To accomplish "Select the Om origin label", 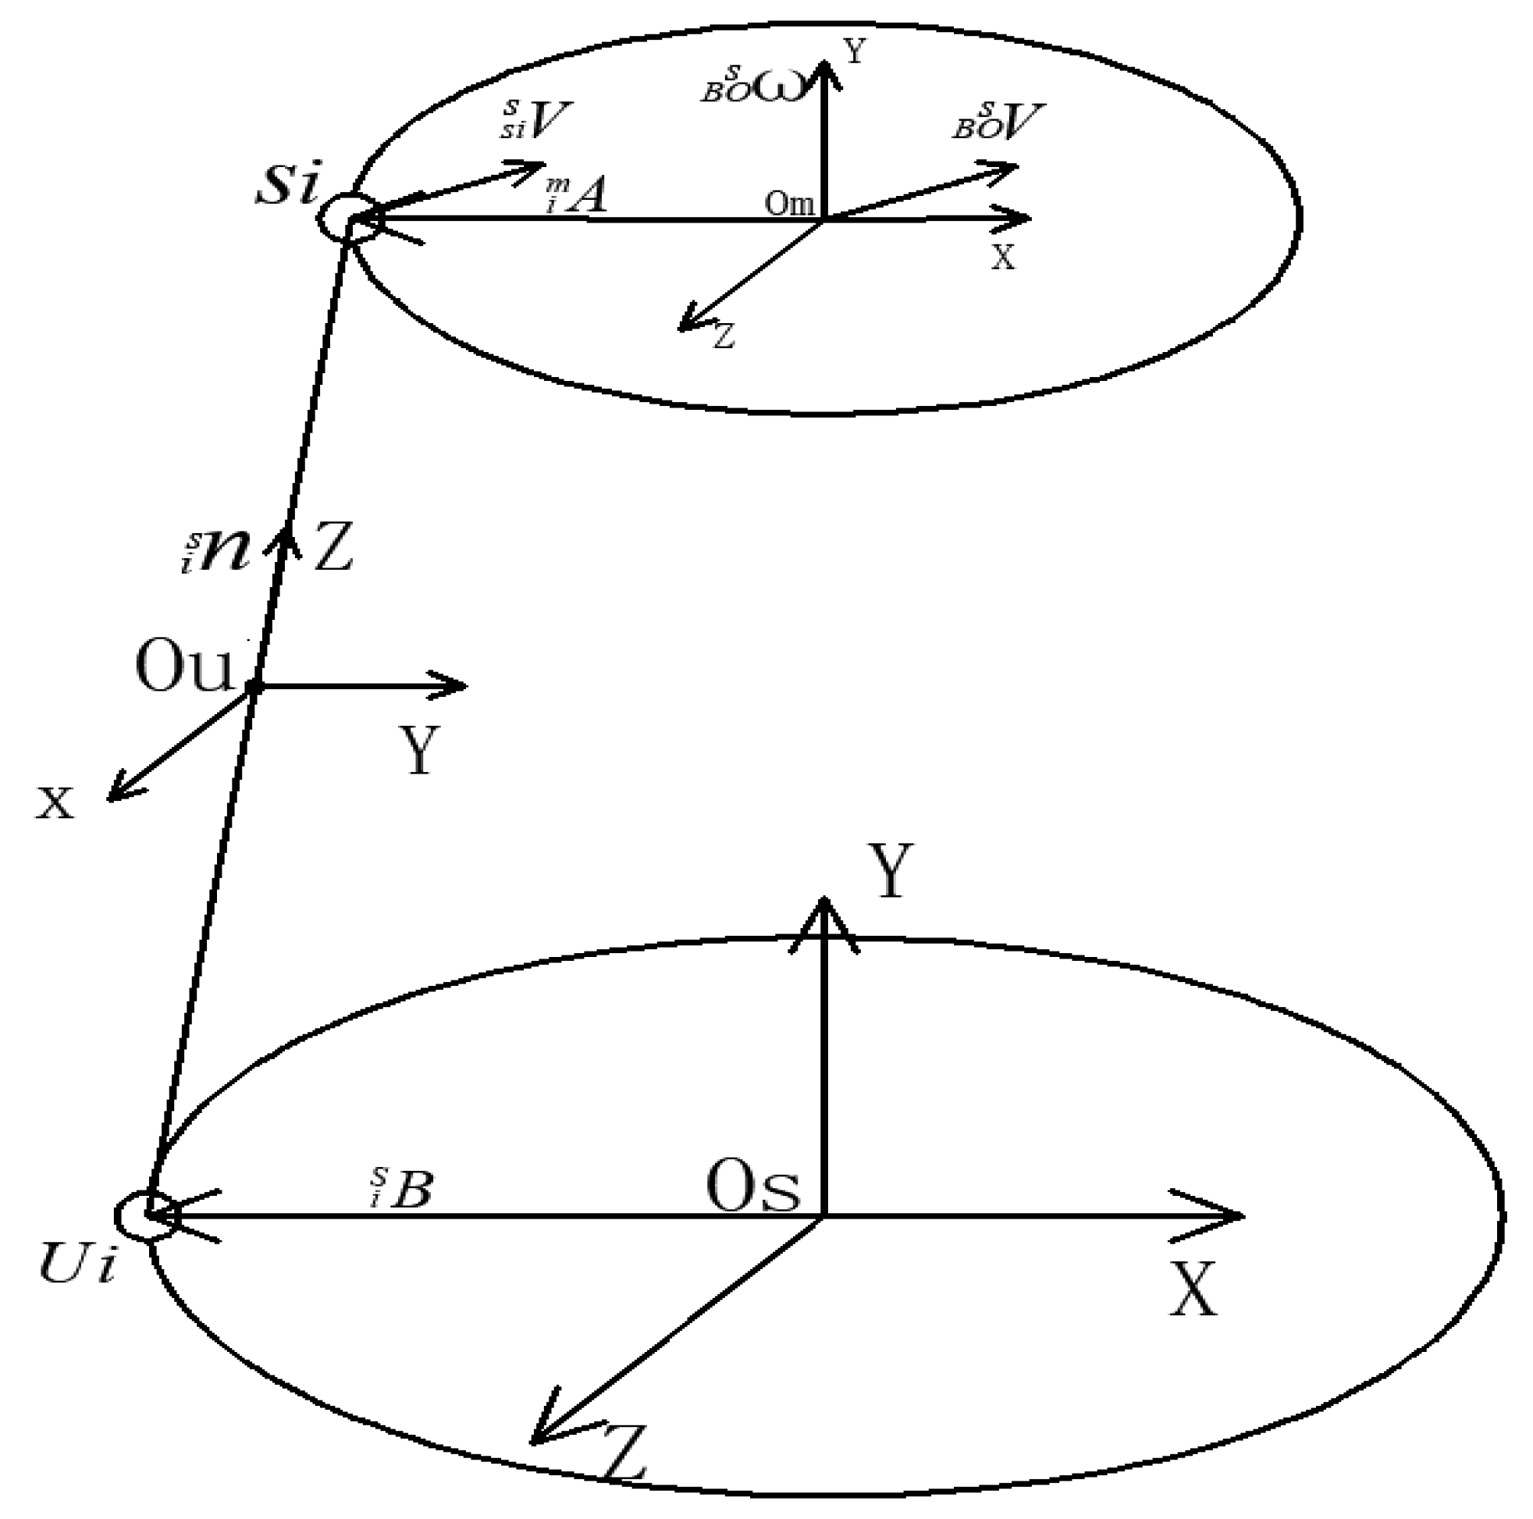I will (x=788, y=205).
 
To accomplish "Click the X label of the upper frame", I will (x=1003, y=257).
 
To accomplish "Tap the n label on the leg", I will (x=225, y=552).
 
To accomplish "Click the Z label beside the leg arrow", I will (x=333, y=547).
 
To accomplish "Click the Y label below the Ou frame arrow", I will (x=418, y=750).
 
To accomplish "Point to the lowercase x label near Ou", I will (x=55, y=803).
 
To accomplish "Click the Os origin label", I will (x=753, y=1190).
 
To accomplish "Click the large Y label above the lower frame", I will (x=892, y=870).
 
